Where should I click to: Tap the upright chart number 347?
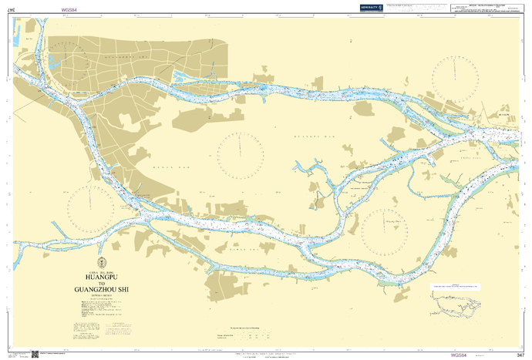[x=521, y=354]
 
